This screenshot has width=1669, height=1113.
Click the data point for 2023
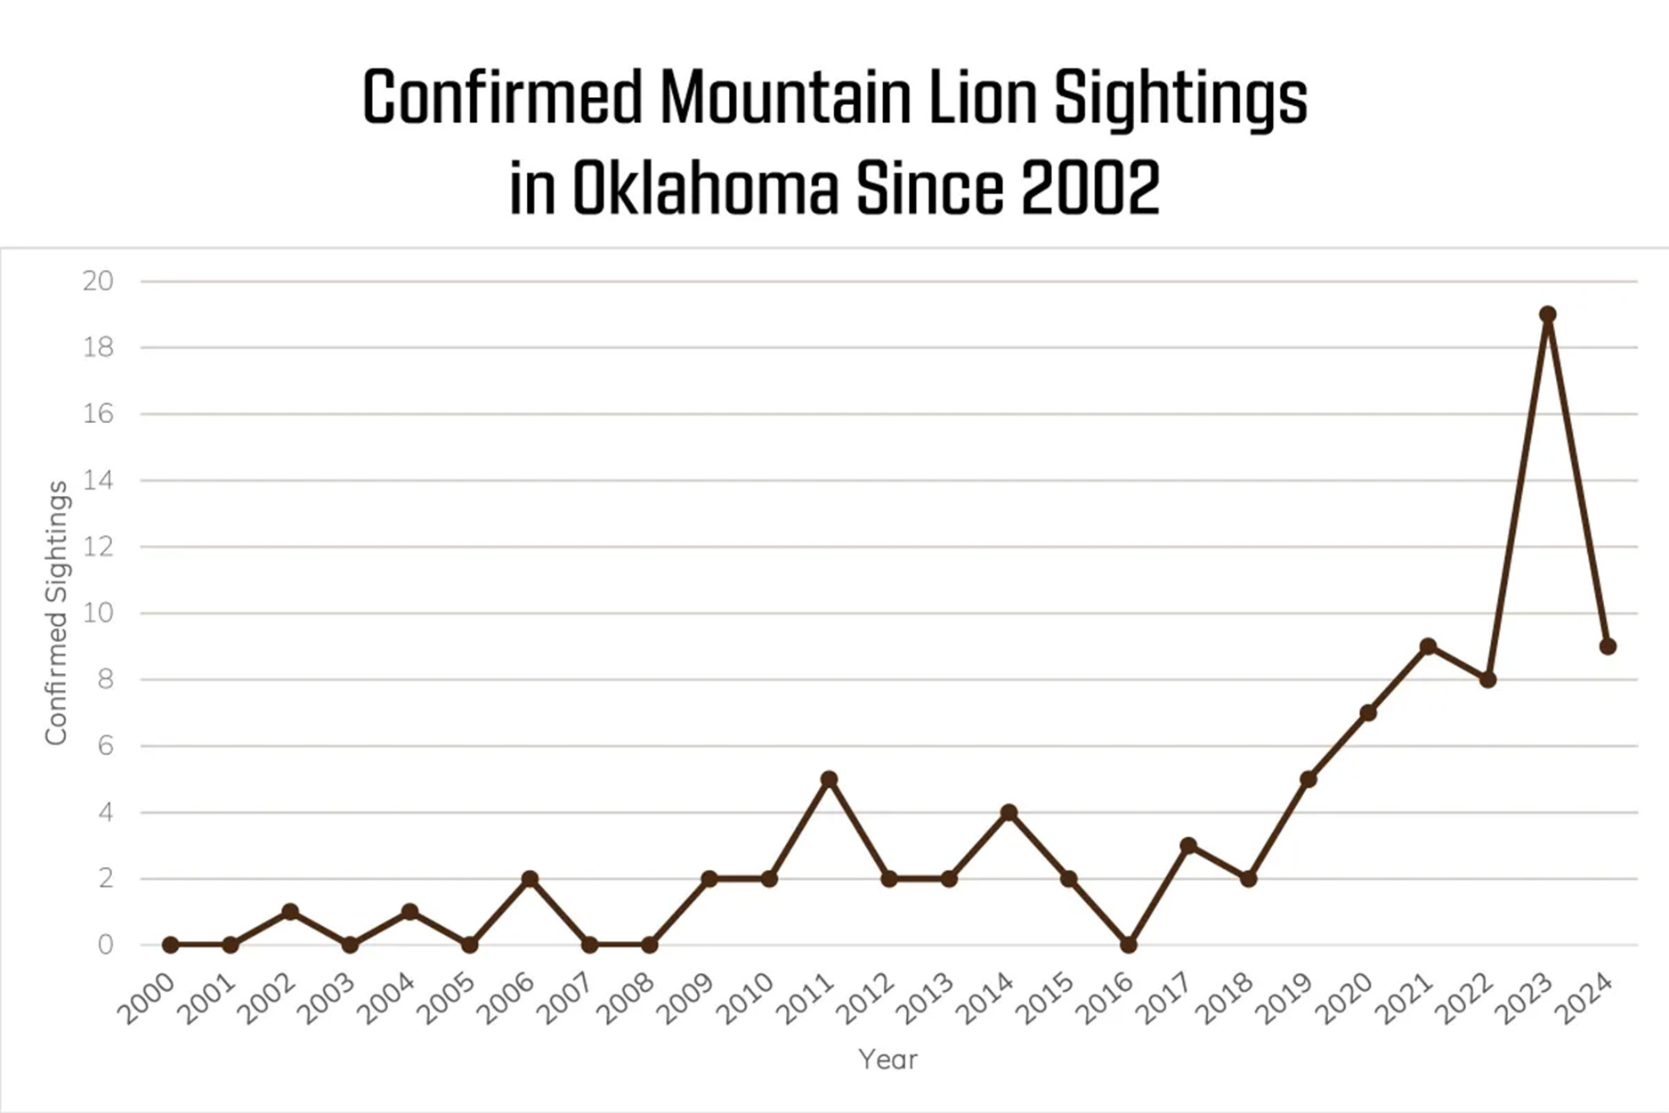(1548, 314)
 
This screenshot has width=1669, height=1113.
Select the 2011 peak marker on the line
(829, 779)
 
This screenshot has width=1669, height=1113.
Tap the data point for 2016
(1128, 945)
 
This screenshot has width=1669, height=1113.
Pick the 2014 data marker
(1009, 812)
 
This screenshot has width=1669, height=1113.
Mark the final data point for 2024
(1608, 646)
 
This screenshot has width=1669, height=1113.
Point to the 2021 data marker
(1428, 646)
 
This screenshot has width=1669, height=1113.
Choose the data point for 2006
(530, 879)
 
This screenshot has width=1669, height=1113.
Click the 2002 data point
(290, 912)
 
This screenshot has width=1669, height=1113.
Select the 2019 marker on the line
(1308, 779)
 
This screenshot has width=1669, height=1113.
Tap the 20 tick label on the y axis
(98, 281)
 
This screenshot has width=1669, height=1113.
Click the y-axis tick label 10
(98, 613)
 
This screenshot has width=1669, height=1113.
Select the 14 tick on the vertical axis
(98, 481)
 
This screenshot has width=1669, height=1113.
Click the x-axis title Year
(887, 1060)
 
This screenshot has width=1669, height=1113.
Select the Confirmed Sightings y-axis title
(57, 613)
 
